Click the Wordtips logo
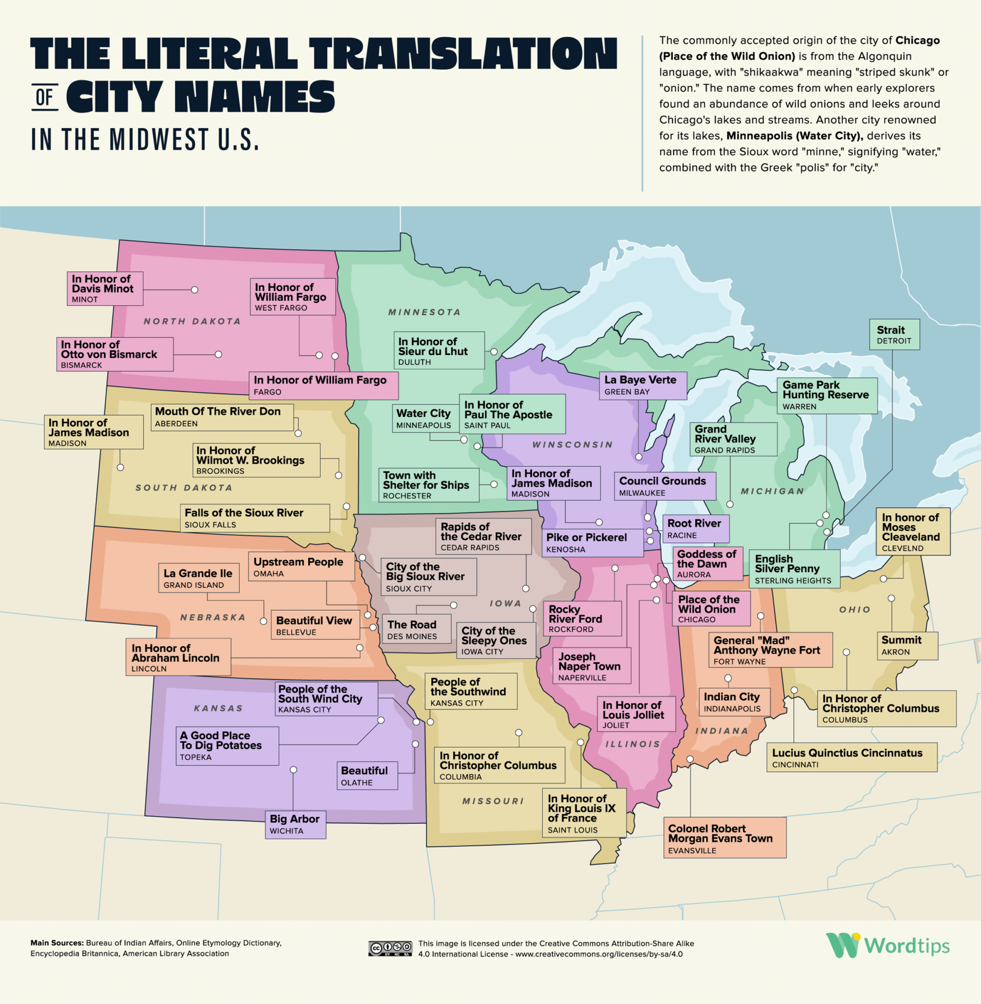[x=887, y=946]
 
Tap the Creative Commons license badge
[x=390, y=948]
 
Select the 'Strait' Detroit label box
[x=894, y=334]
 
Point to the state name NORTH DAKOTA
[x=192, y=321]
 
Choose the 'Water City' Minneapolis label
[x=423, y=418]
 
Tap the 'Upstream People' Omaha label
[x=301, y=566]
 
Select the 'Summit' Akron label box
[x=907, y=645]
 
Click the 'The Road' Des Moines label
[x=417, y=629]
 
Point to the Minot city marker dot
[x=194, y=290]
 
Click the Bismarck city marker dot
[x=219, y=354]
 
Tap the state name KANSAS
[x=219, y=708]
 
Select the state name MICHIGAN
[x=772, y=491]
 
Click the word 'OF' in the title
[x=45, y=97]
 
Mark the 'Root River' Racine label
[x=695, y=528]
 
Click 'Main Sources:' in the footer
[x=57, y=943]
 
